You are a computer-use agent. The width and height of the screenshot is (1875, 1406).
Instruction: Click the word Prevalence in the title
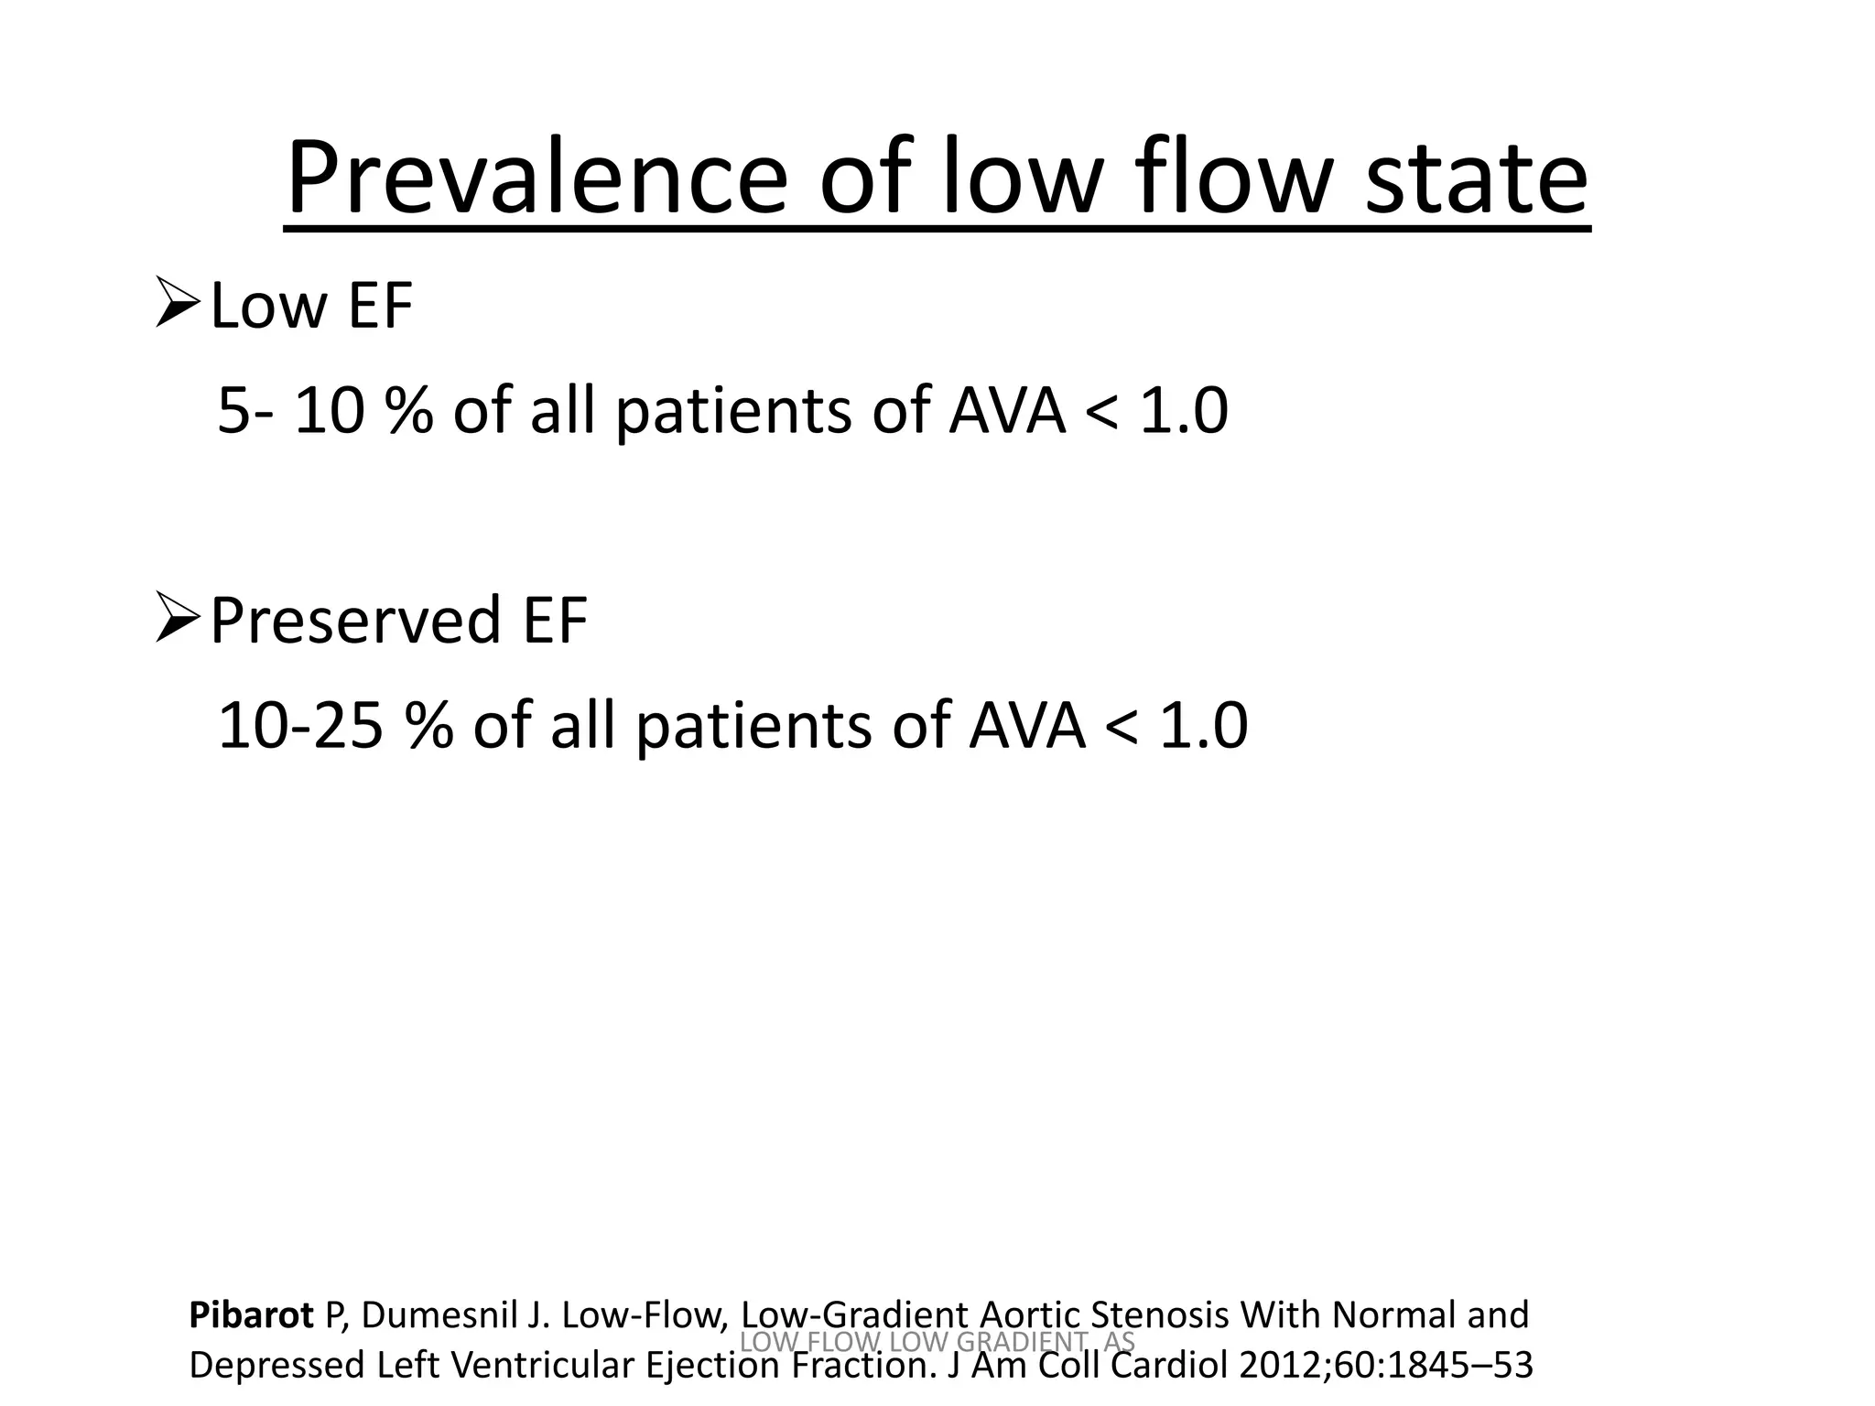536,178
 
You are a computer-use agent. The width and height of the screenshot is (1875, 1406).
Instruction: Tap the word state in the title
1476,178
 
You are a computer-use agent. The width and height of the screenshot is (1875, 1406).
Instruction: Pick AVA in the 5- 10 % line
1007,411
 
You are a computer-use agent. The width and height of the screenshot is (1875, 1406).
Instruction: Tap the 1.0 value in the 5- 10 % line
1183,411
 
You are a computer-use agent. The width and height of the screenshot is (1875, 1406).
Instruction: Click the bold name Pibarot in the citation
251,1315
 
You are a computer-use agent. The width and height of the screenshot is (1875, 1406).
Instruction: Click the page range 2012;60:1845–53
1385,1365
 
